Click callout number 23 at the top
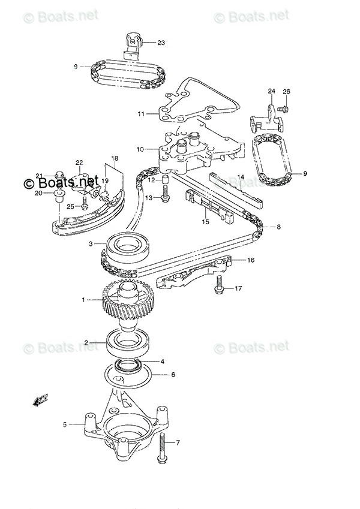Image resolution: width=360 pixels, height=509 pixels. (x=161, y=43)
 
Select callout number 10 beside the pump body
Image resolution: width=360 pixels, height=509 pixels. (x=139, y=149)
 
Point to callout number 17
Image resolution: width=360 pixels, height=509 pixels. (x=238, y=289)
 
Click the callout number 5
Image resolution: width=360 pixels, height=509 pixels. (x=64, y=425)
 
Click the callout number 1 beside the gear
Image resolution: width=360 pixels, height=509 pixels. (x=85, y=299)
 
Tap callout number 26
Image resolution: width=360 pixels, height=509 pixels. (x=286, y=92)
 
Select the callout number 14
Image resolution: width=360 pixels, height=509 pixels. (x=240, y=177)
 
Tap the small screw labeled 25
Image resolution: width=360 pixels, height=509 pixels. (x=85, y=205)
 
